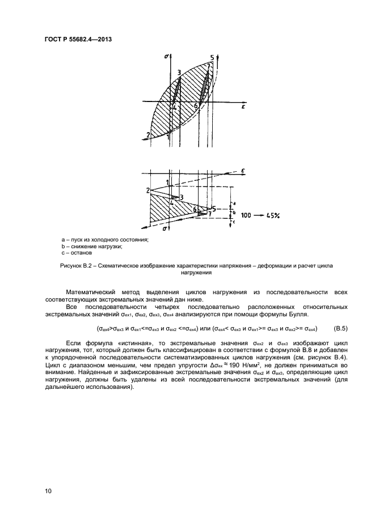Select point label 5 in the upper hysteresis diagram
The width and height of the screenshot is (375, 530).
[x=212, y=58]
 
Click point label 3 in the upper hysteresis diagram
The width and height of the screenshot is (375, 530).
[x=179, y=72]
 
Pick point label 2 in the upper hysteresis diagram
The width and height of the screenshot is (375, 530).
[x=148, y=135]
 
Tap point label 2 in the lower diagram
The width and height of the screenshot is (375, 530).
[x=147, y=190]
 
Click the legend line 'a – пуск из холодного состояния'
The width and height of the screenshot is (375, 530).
[x=104, y=240]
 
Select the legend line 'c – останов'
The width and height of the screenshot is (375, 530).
[x=77, y=253]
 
